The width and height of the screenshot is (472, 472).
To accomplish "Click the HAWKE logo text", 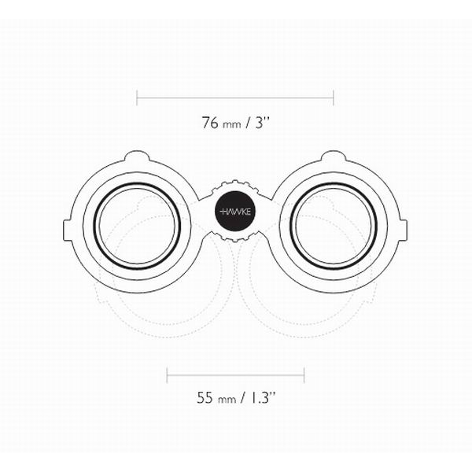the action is (235, 212).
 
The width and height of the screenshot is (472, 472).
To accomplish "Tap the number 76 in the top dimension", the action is (210, 123).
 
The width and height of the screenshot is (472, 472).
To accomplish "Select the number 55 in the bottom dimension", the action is (205, 397).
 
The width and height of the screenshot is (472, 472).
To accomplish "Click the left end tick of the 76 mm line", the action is (137, 98).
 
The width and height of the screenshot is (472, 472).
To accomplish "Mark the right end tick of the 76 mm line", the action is (334, 98).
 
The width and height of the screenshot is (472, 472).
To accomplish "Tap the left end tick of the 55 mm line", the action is (167, 375).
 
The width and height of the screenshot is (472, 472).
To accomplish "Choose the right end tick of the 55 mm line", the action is (304, 375).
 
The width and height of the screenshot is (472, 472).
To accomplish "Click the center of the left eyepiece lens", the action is (137, 226).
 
